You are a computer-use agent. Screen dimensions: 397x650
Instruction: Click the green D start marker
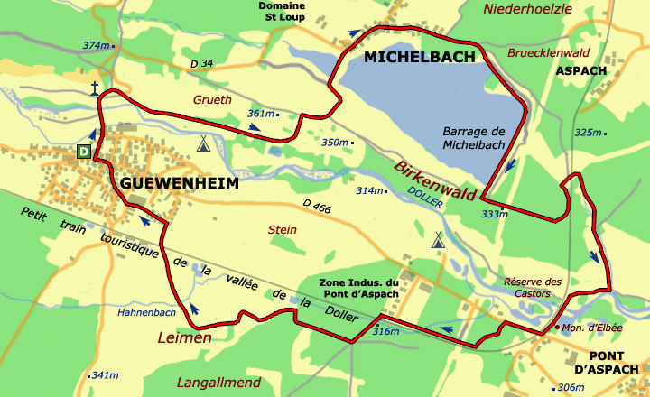coord(84,152)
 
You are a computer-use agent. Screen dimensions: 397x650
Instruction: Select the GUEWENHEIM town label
coord(180,184)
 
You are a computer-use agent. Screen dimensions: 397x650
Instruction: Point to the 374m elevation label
coord(96,45)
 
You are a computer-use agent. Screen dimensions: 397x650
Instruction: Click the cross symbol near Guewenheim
coord(94,88)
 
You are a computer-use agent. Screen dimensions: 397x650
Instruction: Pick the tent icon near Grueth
coord(204,143)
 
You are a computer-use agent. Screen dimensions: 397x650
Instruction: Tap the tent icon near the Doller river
coord(438,240)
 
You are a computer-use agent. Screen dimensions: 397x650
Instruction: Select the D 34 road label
coord(202,63)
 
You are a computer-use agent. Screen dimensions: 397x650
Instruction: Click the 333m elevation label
coord(495,214)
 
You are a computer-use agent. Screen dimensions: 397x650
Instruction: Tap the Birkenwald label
coord(434,178)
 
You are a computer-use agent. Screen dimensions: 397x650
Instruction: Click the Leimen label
coord(184,337)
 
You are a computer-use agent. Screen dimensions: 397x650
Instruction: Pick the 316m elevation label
coord(385,331)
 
